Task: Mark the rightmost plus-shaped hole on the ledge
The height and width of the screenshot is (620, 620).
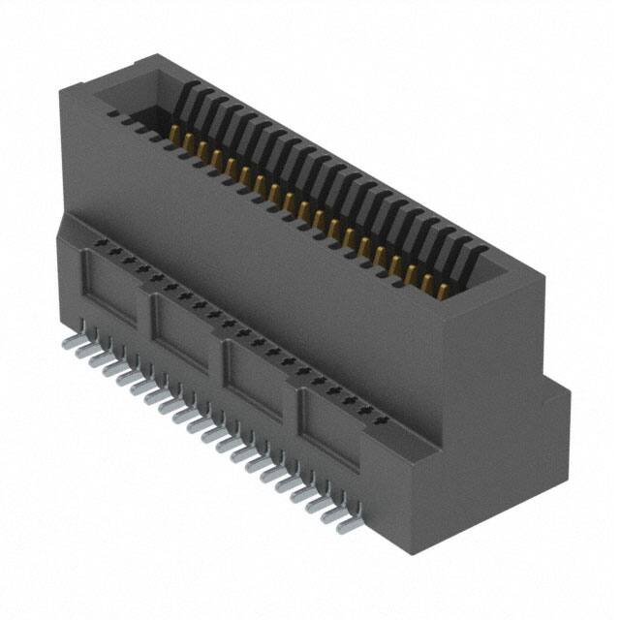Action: pyautogui.click(x=382, y=421)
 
